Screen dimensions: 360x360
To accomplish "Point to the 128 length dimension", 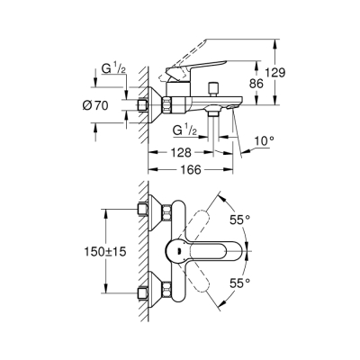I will [181, 154].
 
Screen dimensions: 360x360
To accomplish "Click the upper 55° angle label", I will [266, 219].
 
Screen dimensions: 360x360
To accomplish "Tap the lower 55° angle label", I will [266, 282].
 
